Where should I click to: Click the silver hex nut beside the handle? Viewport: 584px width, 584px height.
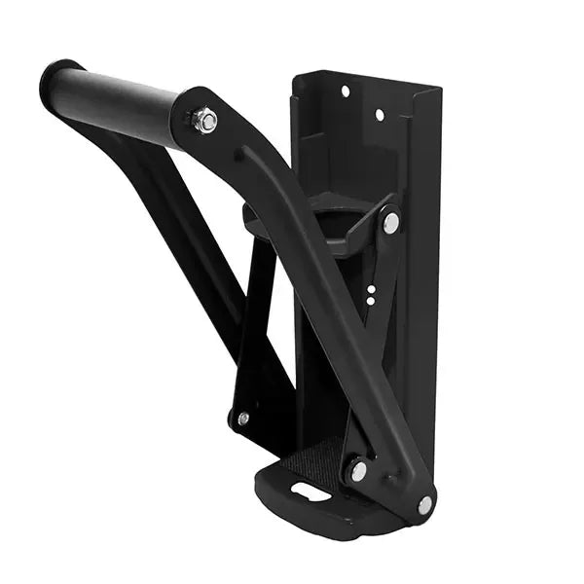(204, 122)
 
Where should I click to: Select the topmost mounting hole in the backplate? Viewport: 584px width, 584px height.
(345, 91)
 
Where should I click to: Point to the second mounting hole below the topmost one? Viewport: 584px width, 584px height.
(380, 115)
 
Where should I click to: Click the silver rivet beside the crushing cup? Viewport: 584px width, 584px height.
(390, 223)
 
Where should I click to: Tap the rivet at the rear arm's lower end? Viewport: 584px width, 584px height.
(242, 418)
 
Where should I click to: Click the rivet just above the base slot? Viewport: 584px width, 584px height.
(358, 471)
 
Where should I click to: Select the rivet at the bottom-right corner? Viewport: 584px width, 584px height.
(424, 504)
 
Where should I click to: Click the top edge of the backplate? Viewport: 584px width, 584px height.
(365, 76)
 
